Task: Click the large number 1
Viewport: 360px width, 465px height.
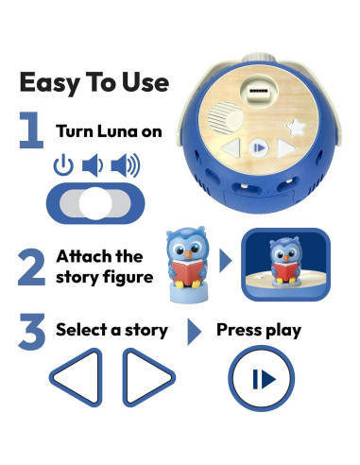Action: click(31, 131)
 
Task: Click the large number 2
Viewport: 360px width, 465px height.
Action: click(31, 266)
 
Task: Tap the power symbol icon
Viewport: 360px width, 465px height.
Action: click(63, 166)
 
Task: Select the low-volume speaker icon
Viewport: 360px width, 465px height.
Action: click(93, 166)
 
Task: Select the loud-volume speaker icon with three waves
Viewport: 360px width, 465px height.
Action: click(125, 166)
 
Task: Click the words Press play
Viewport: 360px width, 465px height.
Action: click(259, 331)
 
